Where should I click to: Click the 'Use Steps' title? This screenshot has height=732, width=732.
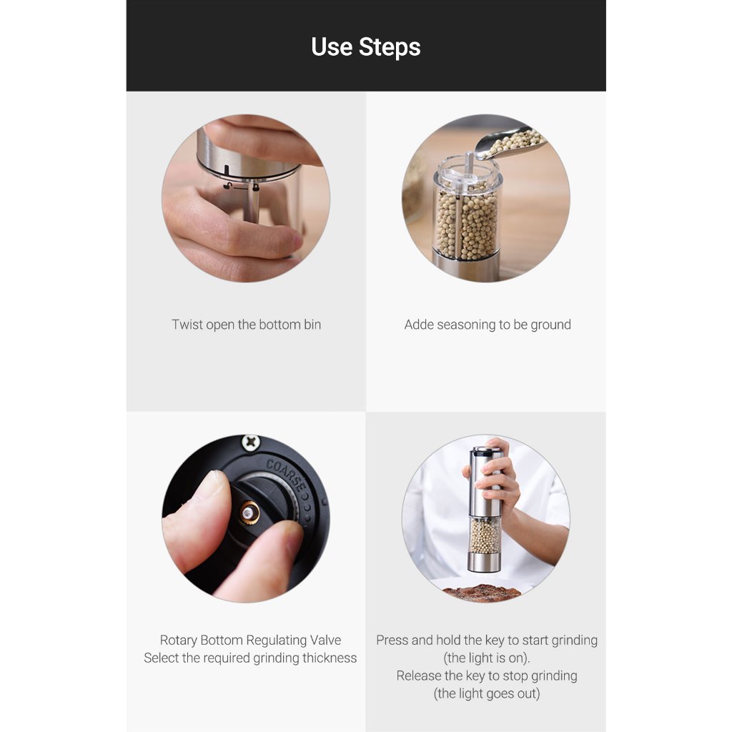click(x=365, y=46)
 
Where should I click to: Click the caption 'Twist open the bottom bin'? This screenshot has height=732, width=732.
click(x=246, y=325)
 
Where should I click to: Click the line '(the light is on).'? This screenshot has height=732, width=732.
click(x=487, y=658)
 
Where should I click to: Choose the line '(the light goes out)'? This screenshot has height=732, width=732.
click(x=487, y=693)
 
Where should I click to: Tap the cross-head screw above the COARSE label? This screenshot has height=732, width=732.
click(x=251, y=442)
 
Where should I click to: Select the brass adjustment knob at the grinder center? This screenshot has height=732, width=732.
click(x=249, y=513)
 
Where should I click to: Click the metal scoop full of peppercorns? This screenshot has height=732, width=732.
click(x=511, y=142)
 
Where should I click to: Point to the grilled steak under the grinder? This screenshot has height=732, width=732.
click(x=481, y=593)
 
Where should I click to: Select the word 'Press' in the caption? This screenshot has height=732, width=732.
click(x=390, y=640)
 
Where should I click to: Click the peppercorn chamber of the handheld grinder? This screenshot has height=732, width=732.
click(x=484, y=535)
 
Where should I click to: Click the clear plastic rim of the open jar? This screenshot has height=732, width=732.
click(x=468, y=173)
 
